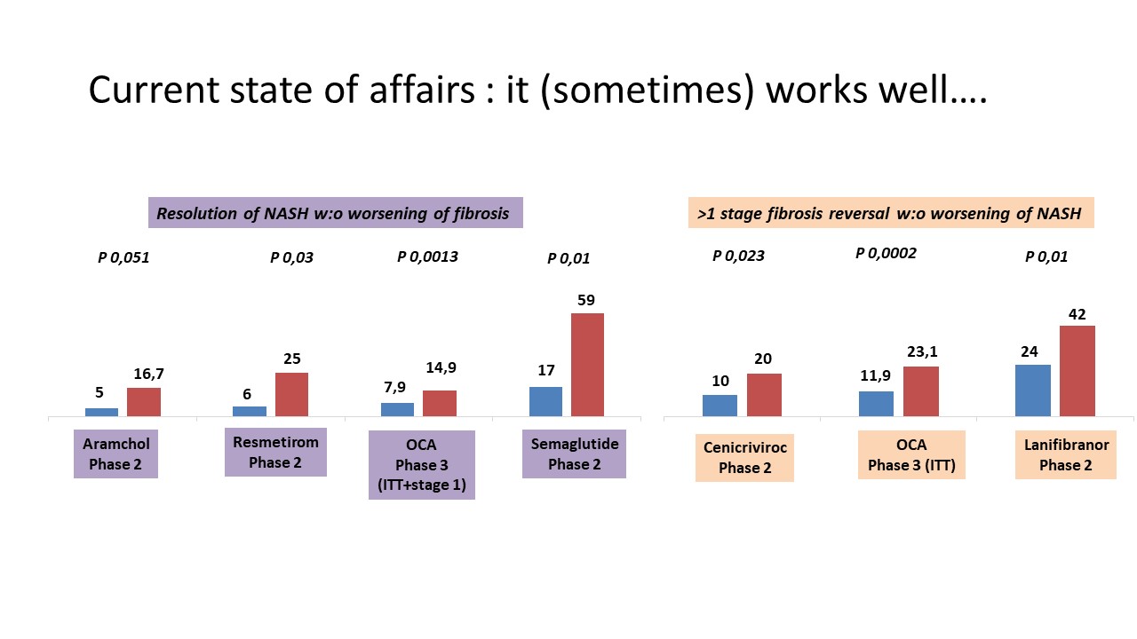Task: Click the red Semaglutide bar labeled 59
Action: tap(587, 365)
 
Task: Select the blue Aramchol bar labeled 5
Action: tap(101, 413)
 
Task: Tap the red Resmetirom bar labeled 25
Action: tap(292, 395)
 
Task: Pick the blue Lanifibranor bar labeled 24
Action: tap(1033, 390)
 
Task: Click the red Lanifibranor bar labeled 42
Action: tap(1077, 371)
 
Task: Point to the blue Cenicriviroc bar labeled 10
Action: tap(720, 406)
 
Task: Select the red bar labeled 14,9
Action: tap(440, 403)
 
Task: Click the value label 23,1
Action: tap(922, 351)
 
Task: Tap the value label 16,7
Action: tap(148, 375)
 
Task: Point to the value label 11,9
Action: tap(875, 375)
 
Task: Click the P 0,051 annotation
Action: tap(123, 257)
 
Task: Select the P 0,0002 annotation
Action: tap(886, 253)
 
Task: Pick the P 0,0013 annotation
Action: tap(427, 256)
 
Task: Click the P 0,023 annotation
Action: tap(738, 256)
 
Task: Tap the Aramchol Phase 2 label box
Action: tap(115, 454)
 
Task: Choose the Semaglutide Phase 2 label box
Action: tap(574, 454)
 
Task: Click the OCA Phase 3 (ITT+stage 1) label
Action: tap(422, 465)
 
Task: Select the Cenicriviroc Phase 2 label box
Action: tap(744, 457)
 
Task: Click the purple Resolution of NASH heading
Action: tap(336, 212)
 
